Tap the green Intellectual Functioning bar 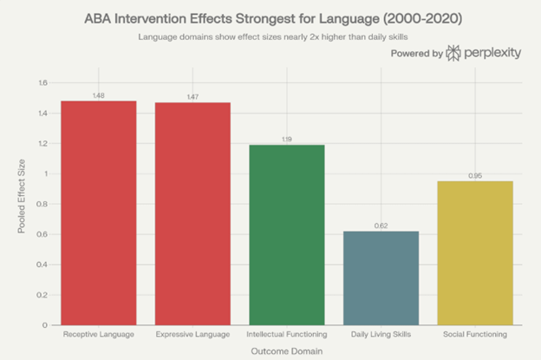(286, 234)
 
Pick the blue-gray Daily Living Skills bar (381, 278)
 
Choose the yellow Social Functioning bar (475, 252)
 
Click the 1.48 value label (98, 95)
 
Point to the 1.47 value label (192, 97)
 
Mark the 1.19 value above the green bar (286, 139)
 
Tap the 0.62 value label (381, 226)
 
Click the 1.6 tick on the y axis (42, 83)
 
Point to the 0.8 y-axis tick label (42, 204)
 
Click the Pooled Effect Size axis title (21, 204)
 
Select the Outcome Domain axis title (287, 350)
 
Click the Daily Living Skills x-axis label (381, 334)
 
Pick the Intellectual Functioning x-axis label (286, 334)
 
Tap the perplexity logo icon (454, 54)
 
